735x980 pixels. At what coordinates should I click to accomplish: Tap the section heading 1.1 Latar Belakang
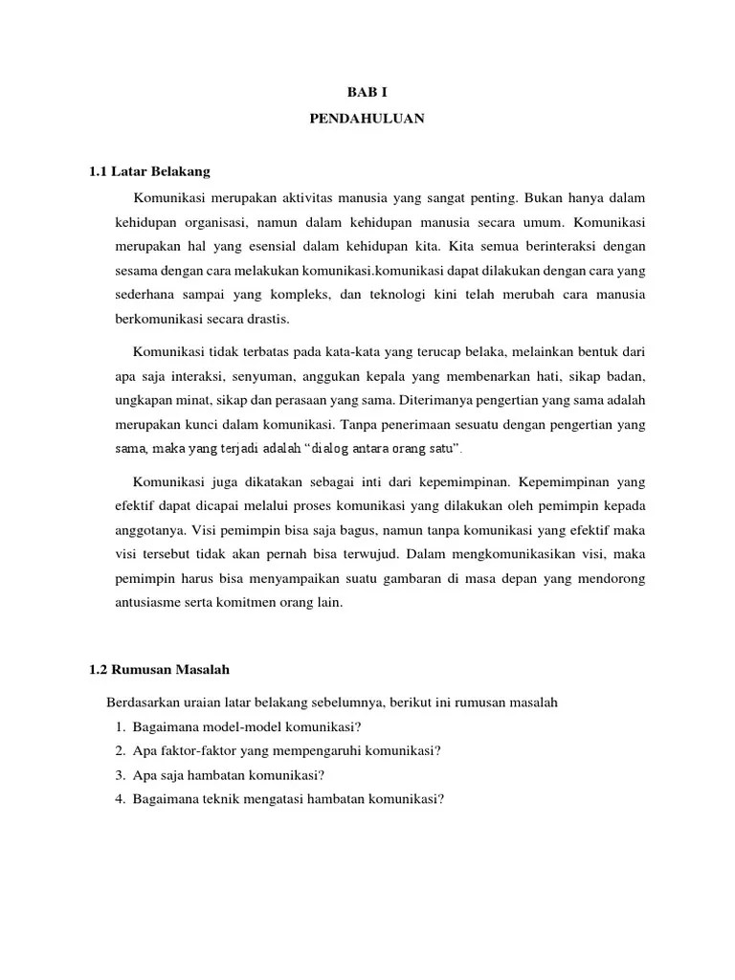148,172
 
